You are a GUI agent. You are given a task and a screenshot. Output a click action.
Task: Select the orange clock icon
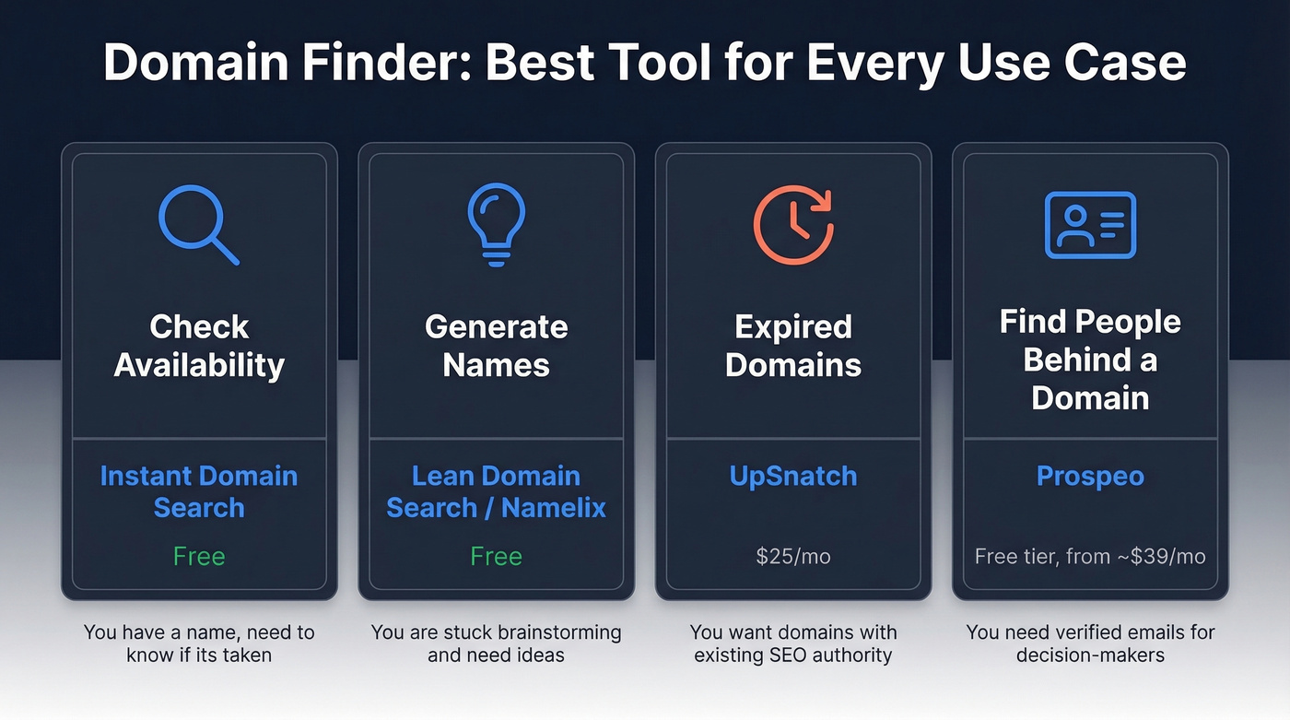coord(793,225)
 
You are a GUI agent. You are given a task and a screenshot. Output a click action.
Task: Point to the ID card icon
coord(1090,225)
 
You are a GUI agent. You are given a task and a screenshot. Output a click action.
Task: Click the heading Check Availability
coord(199,346)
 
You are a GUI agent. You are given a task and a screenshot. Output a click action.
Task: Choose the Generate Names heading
coord(496,346)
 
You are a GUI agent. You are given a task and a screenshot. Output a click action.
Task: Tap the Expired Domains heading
coord(793,346)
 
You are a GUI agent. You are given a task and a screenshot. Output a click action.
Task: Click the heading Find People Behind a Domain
coord(1090,360)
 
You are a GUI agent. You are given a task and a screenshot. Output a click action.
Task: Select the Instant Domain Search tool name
coord(199,491)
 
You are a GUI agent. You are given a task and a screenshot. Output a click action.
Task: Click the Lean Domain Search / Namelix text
coord(496,491)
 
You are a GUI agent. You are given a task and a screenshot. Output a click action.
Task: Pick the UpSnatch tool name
coord(793,476)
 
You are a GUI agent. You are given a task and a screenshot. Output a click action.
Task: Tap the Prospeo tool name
coord(1090,476)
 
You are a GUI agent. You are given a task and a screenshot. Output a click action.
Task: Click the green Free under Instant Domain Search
coord(199,557)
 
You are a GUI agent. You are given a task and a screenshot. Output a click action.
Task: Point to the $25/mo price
coord(793,557)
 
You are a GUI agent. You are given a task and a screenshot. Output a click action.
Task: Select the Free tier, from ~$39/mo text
coord(1090,557)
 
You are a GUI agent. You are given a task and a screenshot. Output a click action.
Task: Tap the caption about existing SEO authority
coord(793,644)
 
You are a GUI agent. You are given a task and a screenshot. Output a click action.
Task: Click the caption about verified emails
coord(1090,644)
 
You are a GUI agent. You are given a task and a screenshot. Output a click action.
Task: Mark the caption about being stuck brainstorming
coord(496,644)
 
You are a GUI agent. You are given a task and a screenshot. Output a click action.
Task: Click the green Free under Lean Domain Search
coord(496,557)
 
